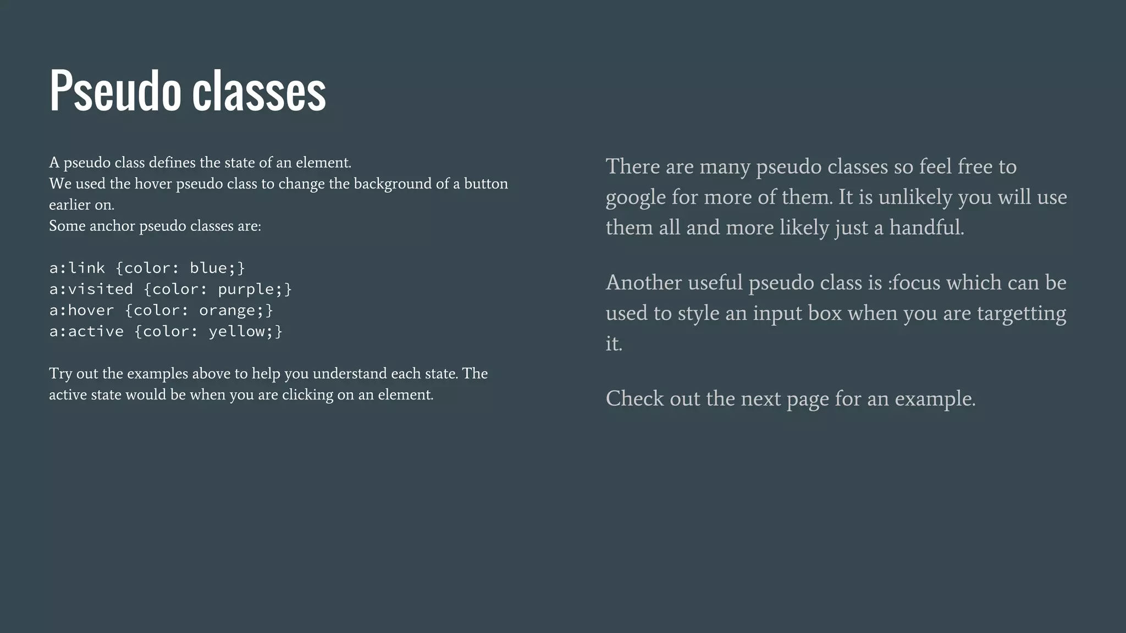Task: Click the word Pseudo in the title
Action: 115,91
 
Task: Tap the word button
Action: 486,184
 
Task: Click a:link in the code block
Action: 77,268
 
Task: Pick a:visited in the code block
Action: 91,289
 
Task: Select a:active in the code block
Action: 86,331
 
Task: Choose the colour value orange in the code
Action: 227,310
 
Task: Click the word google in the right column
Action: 636,198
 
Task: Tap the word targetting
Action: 1021,313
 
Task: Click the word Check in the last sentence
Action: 634,398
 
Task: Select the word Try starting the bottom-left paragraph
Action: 60,374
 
